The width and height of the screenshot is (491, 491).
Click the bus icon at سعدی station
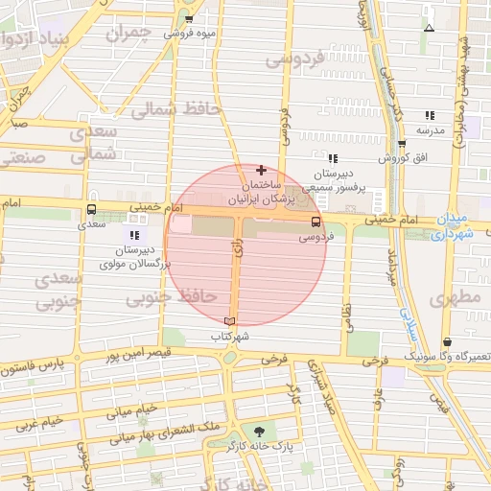92,209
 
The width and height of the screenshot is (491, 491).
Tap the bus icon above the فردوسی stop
316,222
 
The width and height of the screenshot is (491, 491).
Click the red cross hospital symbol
261,170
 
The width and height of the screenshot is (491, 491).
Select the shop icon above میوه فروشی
189,19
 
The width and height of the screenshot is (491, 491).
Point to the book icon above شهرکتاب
228,320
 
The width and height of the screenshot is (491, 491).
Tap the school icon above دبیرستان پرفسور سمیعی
333,158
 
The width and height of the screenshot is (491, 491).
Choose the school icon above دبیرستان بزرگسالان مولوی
134,234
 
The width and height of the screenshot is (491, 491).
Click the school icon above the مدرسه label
430,114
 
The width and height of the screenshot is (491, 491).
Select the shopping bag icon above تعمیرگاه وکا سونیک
447,341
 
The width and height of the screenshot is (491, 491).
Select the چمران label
130,35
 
